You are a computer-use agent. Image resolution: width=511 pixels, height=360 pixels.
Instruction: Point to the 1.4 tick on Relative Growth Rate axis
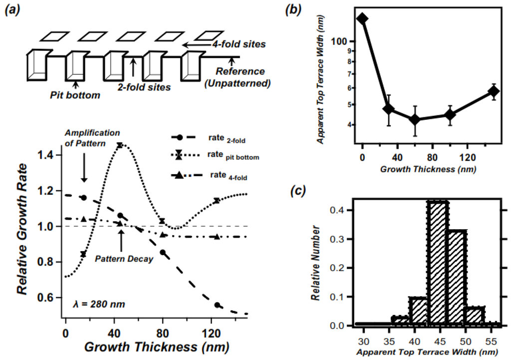point(49,156)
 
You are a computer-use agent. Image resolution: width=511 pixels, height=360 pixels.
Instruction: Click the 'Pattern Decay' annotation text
point(124,259)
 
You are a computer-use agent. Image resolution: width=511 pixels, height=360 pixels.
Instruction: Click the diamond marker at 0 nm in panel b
point(362,18)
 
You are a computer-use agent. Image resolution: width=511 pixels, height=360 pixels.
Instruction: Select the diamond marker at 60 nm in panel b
point(415,120)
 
